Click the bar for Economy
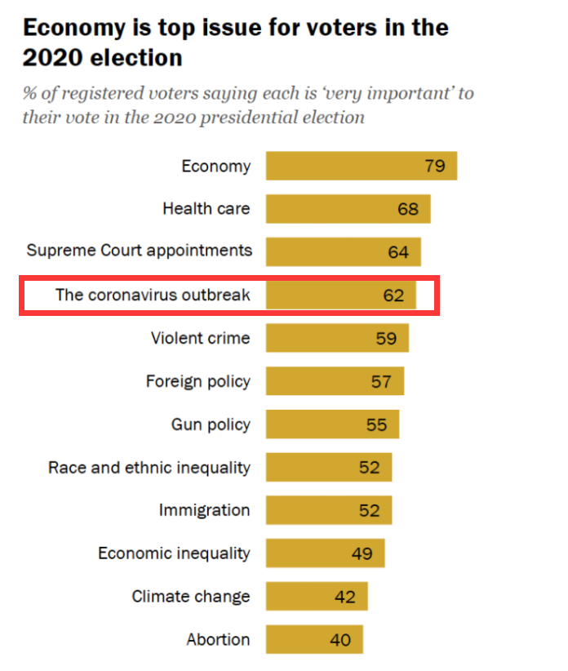tap(361, 166)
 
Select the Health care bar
tap(348, 209)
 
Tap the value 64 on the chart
tap(398, 252)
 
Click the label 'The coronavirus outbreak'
tap(153, 295)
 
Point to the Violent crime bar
tap(337, 338)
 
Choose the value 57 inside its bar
tap(381, 381)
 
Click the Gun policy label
tap(211, 424)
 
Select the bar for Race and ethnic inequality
tap(329, 468)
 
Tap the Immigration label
tap(204, 510)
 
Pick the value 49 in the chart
tap(362, 553)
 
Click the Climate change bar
tap(317, 597)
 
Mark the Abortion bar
tap(314, 639)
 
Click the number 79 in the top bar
tap(435, 166)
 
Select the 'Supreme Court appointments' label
tap(139, 250)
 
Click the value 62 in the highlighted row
tap(393, 295)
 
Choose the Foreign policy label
tap(197, 381)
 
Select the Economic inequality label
tap(174, 553)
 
